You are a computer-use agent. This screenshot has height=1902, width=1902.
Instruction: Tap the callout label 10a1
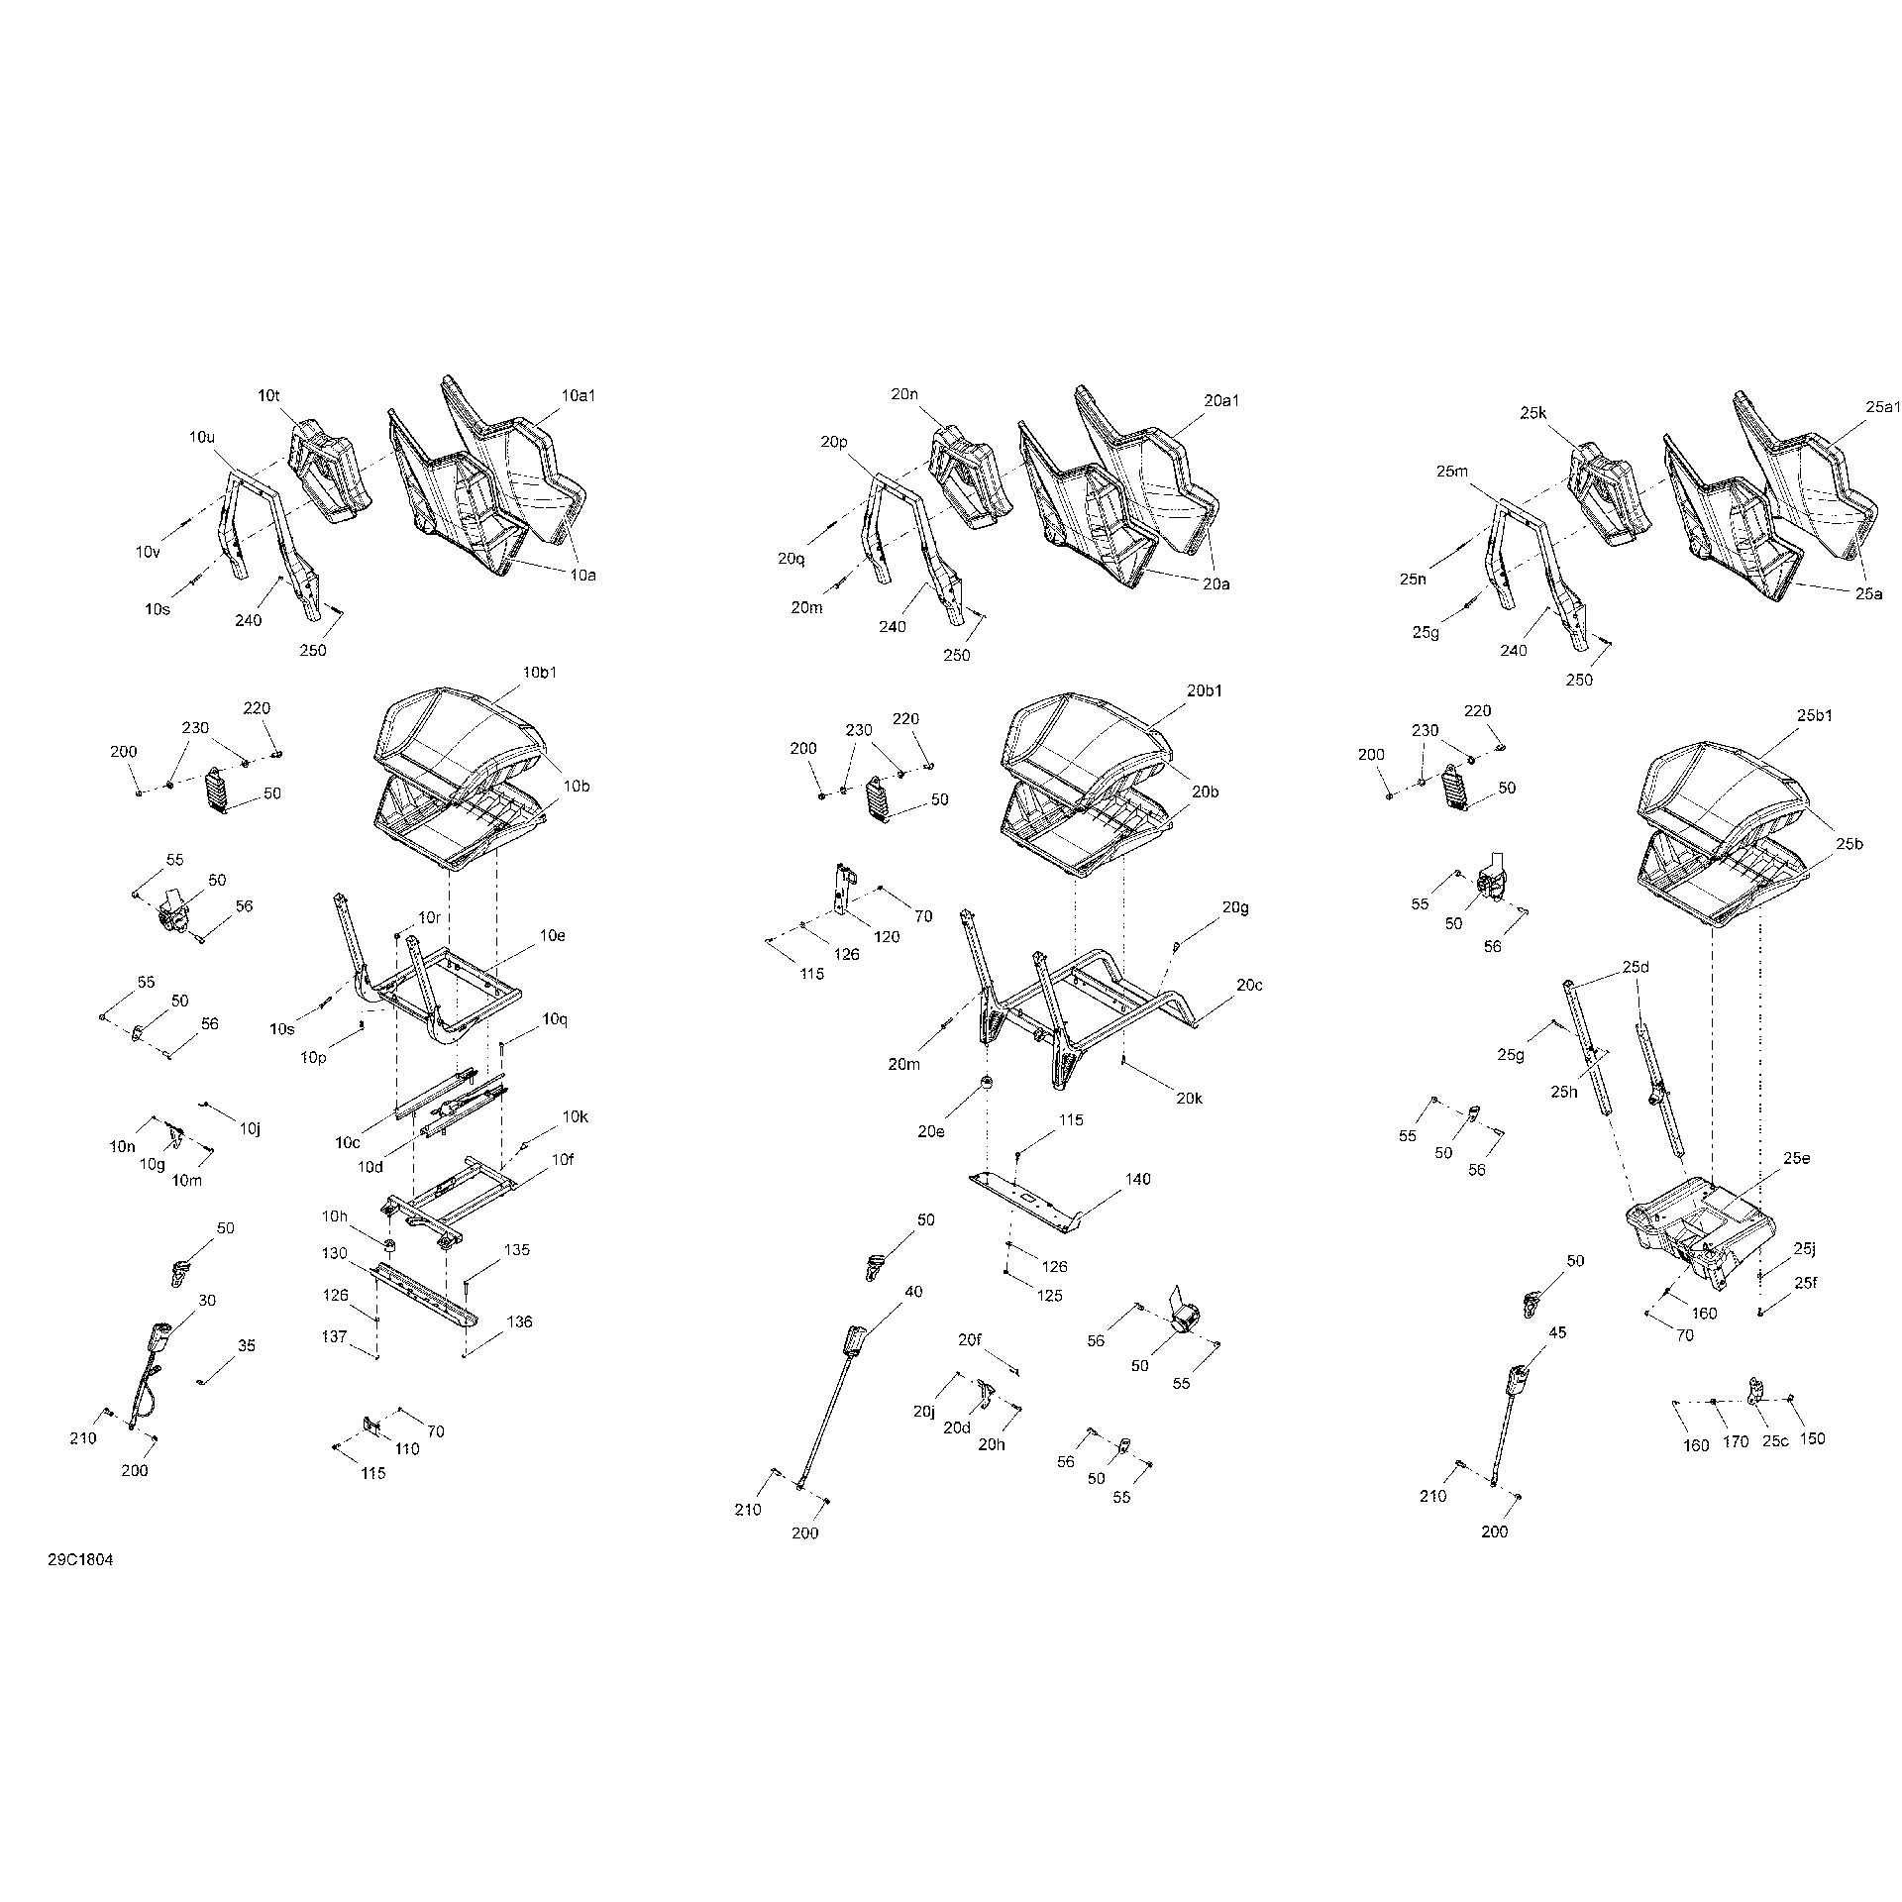579,395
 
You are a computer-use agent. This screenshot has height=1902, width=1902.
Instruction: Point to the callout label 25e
1797,1157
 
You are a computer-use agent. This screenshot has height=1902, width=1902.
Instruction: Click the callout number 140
1138,1179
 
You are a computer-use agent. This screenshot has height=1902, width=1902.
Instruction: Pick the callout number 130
334,1253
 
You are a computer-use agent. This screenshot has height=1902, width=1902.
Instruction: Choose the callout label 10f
562,1158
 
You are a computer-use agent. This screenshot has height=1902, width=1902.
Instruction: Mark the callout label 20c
1249,985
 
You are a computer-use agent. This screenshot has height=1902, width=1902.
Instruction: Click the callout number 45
1557,1332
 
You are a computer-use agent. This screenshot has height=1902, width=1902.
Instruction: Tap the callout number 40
912,1291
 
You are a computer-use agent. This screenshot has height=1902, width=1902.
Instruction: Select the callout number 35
247,1345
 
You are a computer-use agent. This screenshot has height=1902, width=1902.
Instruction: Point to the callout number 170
1736,1442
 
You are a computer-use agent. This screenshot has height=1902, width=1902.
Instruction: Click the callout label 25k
1532,412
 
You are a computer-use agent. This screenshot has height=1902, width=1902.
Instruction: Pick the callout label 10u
201,436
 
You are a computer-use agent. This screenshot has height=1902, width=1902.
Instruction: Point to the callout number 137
334,1336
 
